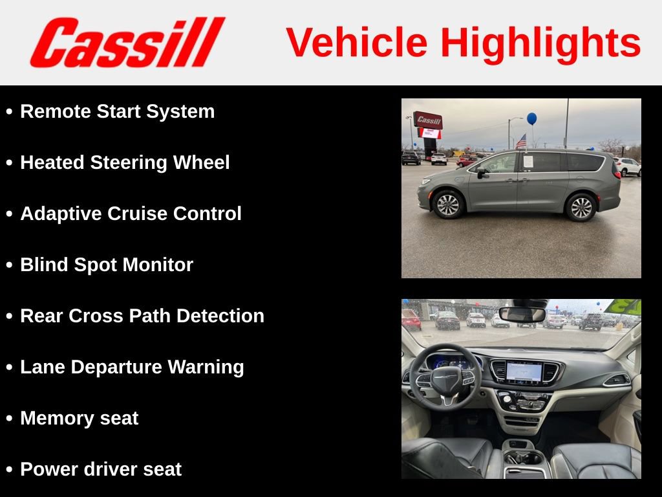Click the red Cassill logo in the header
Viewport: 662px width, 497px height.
tap(127, 43)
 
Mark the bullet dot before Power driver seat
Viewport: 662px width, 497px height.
tap(9, 470)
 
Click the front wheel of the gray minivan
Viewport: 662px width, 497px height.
tap(447, 205)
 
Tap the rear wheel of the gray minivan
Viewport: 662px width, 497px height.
tap(580, 207)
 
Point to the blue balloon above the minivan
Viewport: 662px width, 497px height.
tap(531, 118)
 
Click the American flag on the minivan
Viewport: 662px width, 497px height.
tap(521, 140)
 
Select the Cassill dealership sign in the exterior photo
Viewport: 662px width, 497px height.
tap(428, 120)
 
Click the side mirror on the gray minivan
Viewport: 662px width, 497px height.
tap(481, 172)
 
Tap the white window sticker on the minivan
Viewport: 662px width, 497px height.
tap(528, 161)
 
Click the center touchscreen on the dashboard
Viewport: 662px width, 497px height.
tap(524, 371)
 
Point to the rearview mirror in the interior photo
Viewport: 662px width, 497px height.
tap(522, 315)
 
